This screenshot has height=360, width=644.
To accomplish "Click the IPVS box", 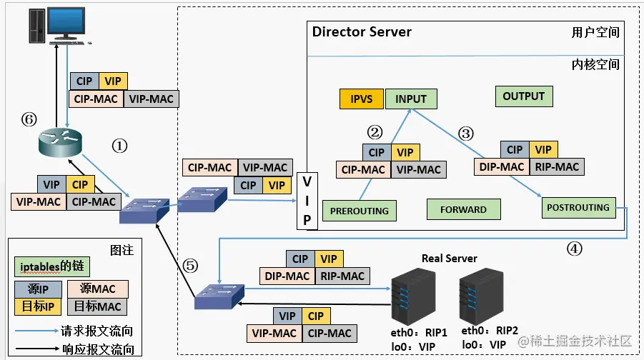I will [362, 99].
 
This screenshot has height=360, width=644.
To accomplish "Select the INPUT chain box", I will [411, 99].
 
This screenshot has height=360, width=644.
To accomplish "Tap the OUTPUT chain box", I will [523, 96].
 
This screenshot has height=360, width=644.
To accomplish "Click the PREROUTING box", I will [360, 211].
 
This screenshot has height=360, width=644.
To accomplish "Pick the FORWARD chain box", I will [463, 210].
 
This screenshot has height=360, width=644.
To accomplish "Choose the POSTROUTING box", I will [578, 208].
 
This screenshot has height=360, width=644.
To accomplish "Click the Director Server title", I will [362, 32].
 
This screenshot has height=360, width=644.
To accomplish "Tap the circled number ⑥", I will [29, 119].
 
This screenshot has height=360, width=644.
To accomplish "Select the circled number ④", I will [575, 249].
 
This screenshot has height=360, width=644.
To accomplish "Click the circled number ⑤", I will [189, 265].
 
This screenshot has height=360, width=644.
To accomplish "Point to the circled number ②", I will [375, 132].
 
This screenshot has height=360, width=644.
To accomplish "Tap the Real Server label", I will [449, 258].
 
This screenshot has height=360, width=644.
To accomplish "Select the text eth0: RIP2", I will [489, 331].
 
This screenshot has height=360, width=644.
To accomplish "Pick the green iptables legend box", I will [50, 267].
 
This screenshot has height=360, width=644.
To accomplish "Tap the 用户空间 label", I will [595, 33].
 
